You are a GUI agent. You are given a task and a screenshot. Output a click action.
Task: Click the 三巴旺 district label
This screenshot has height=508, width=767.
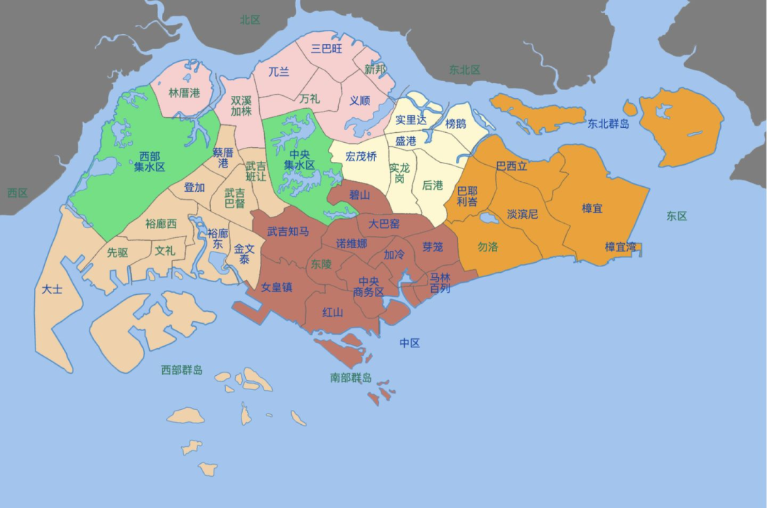pos(327,48)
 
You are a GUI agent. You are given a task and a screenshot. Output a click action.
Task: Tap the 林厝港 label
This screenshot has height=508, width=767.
pos(184,92)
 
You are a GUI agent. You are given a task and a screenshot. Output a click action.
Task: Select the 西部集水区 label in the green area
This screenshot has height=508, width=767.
pos(150,161)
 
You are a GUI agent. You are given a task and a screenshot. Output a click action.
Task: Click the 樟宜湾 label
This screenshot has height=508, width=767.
pos(620,247)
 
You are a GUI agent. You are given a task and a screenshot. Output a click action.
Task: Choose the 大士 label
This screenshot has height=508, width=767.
pos(52,289)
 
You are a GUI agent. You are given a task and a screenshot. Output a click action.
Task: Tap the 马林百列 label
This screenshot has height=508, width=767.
pos(440,283)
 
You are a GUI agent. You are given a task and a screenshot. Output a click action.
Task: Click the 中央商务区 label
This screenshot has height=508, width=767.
pos(369,286)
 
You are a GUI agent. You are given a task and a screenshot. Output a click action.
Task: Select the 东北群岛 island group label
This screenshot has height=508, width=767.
pos(609,124)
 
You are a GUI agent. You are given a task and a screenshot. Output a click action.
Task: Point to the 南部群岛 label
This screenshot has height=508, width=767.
pos(351,378)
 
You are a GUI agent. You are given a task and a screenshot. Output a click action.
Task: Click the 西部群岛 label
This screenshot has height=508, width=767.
pos(182,369)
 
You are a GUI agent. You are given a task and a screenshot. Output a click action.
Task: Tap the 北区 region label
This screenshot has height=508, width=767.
pos(250,20)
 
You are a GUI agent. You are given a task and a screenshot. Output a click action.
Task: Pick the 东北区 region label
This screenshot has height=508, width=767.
pos(464,70)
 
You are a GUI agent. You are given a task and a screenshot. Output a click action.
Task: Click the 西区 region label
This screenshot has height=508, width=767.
pos(17,193)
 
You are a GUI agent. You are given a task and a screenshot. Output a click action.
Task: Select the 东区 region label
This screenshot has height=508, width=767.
pos(677,215)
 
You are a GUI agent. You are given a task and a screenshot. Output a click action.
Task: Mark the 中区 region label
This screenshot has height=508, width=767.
pos(410,343)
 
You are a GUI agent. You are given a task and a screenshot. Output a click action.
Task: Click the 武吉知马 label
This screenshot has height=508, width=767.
pos(288,231)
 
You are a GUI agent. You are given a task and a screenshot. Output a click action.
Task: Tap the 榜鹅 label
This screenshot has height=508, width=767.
pos(456,124)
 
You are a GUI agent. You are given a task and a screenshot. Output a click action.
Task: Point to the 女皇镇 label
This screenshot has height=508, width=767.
pos(277,287)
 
